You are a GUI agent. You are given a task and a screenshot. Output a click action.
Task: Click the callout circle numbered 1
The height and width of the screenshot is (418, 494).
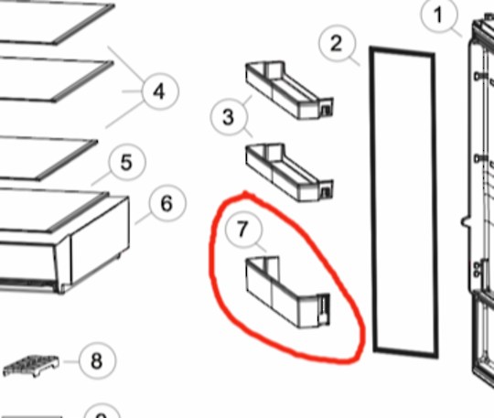tap(438, 16)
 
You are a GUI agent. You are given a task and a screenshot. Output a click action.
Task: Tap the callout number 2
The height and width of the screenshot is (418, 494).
tap(337, 44)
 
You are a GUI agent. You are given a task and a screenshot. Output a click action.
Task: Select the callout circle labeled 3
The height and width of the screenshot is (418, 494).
tap(229, 117)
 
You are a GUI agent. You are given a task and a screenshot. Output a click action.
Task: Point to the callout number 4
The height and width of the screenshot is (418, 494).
tap(160, 91)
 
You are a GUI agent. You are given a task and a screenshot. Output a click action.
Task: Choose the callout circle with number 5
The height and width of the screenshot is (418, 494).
tap(127, 162)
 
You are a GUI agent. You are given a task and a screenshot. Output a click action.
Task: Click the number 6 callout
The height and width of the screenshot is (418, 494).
tap(167, 203)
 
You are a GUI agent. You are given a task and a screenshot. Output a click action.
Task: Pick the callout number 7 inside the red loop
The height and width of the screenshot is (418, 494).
tap(243, 229)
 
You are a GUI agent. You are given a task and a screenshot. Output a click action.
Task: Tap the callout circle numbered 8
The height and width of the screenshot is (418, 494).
tap(97, 360)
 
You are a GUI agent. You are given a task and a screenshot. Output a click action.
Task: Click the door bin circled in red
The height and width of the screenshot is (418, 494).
tap(287, 292)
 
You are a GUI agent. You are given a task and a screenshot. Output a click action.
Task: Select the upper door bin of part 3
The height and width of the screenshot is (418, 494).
tap(289, 91)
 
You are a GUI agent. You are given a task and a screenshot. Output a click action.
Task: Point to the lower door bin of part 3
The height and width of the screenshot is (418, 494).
tap(289, 172)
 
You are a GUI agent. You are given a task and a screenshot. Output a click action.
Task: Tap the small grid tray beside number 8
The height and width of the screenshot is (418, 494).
tap(31, 366)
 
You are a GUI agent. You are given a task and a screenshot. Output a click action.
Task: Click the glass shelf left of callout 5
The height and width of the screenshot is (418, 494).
tap(48, 158)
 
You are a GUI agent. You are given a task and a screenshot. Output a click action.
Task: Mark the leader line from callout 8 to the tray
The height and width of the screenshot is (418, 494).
tap(70, 361)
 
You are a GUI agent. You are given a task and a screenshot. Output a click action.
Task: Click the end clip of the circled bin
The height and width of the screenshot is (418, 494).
tap(324, 309)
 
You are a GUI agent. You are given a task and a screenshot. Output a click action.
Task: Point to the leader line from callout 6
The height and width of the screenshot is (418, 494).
tap(143, 219)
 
